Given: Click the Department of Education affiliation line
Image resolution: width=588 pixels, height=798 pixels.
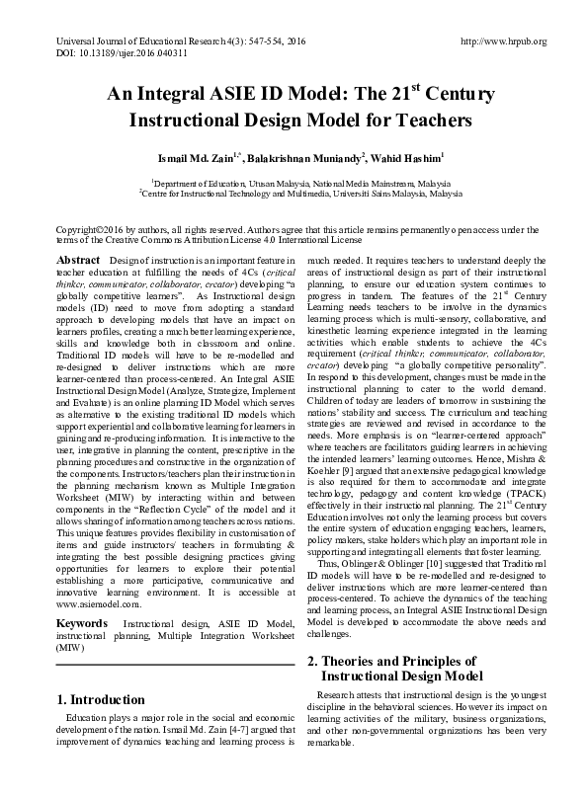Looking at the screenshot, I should click(x=293, y=183).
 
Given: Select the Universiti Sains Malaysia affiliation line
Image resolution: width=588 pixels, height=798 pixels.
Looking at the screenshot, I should click(x=293, y=195).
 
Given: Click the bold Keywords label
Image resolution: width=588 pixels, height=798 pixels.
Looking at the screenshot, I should click(x=82, y=624).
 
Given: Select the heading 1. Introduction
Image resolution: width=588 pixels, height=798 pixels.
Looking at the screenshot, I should click(x=102, y=700).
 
